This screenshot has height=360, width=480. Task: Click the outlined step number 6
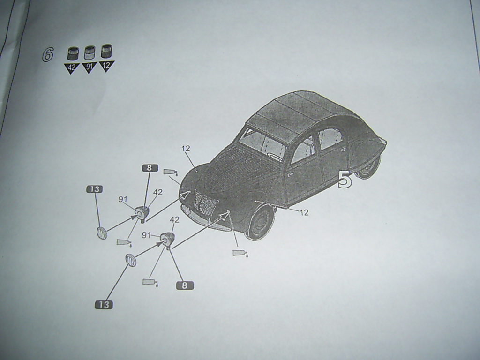48,54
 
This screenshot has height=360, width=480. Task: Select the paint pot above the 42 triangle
73,53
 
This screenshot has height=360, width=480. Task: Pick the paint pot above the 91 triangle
90,52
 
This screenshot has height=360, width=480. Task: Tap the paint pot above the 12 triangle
106,51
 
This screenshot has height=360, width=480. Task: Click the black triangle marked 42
71,68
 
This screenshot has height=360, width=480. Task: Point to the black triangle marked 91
89,67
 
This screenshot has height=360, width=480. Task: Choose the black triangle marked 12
106,65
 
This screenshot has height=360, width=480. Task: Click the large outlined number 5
345,180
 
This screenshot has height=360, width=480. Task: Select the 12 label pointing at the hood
186,149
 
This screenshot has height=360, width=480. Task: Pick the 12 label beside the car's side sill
304,212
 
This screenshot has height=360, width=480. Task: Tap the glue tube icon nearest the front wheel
240,253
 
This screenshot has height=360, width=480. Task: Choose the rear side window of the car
331,138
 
